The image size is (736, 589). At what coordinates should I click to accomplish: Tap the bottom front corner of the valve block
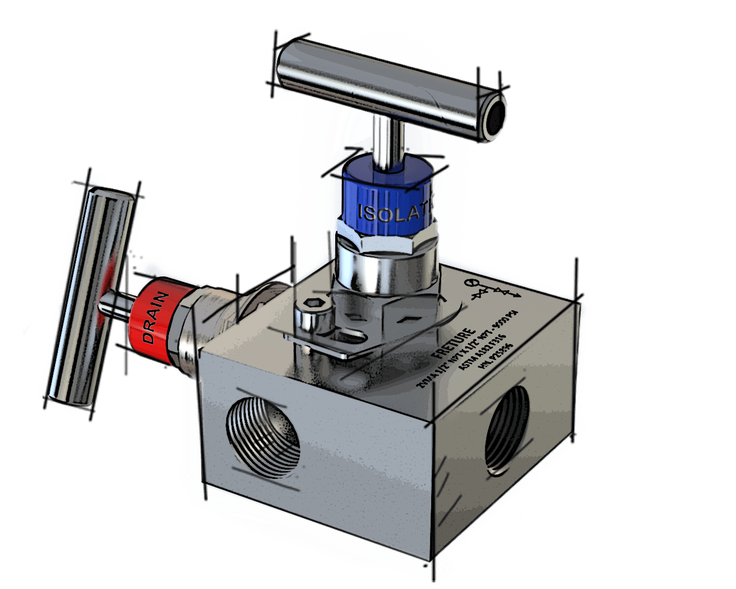point(433,559)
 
